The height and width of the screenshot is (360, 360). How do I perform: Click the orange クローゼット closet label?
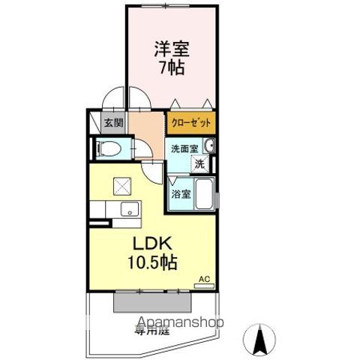click(192, 123)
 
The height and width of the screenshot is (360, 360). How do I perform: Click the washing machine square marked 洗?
click(200, 163)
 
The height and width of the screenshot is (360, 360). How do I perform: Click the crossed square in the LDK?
click(121, 185)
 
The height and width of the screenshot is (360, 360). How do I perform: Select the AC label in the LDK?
click(203, 280)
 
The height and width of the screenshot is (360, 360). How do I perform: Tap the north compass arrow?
click(260, 339)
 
